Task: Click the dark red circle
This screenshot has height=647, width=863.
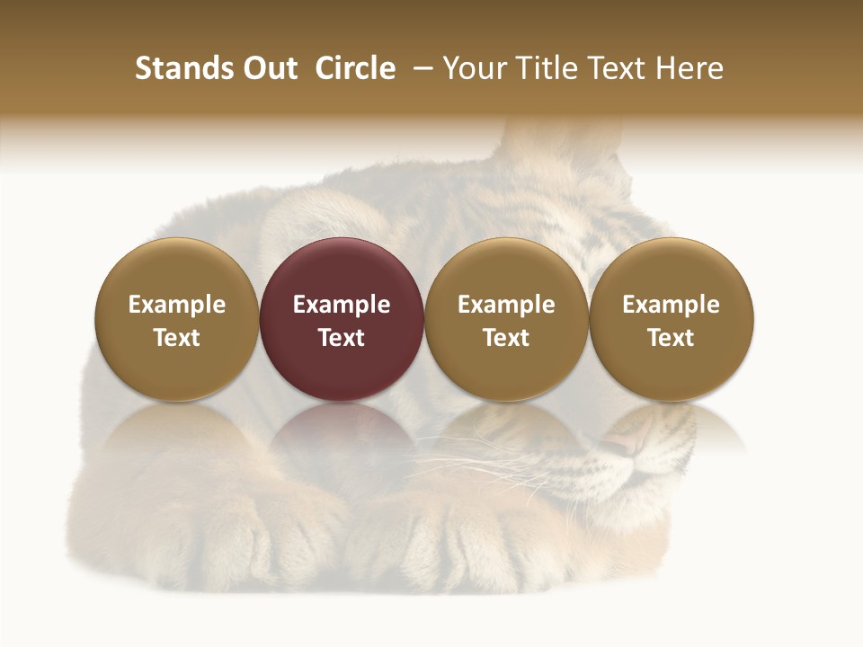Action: coord(342,319)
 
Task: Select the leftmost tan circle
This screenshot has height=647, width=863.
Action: coord(177,319)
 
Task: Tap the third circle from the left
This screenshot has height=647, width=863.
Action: coord(506,319)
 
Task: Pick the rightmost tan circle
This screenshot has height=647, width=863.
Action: coord(672,319)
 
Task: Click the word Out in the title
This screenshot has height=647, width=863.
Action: coord(269,68)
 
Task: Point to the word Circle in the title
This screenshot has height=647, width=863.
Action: coord(355,68)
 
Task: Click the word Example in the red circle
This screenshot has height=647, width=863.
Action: coord(342,305)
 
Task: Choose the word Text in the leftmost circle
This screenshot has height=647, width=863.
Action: coord(177,338)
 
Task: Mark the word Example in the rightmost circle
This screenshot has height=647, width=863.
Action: coord(672,305)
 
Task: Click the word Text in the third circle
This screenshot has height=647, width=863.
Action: coord(506,338)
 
